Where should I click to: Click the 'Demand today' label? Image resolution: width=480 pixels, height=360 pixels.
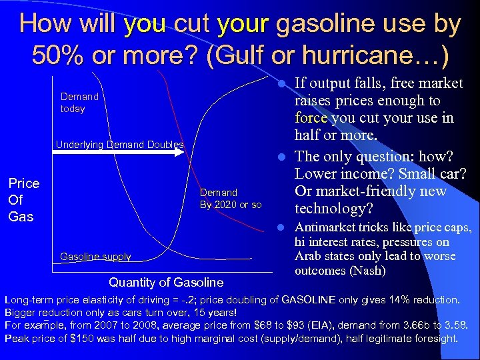(x=79, y=103)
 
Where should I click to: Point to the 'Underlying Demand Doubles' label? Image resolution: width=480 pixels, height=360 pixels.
(x=119, y=144)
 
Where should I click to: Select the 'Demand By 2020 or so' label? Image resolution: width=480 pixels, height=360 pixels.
(x=231, y=198)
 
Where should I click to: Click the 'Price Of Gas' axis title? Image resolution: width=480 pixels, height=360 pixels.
(x=23, y=199)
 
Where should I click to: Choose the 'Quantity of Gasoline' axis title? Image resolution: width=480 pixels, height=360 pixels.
(x=166, y=282)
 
